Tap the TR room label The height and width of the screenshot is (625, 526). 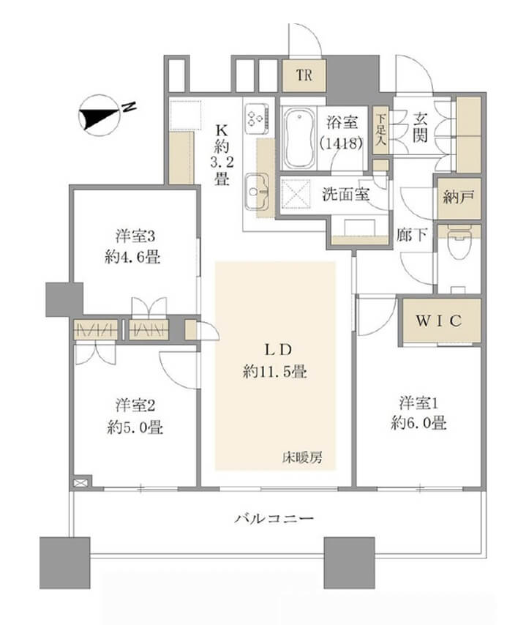click(304, 75)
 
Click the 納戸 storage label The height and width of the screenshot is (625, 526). click(457, 197)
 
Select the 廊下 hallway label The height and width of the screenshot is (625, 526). click(407, 236)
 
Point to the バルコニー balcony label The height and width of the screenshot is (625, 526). click(274, 519)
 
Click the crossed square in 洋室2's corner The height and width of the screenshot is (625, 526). click(80, 483)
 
